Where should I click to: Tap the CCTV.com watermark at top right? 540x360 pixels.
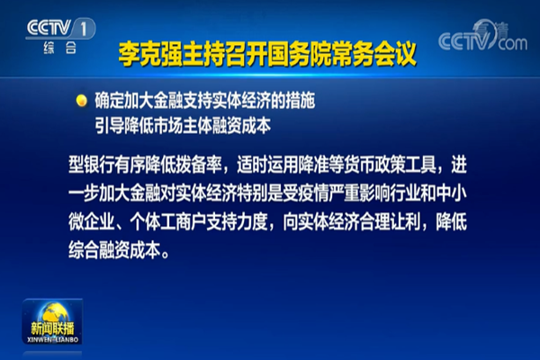click(482, 39)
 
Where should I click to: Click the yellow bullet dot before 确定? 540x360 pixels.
click(80, 99)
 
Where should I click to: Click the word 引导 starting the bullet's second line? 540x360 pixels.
click(105, 121)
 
